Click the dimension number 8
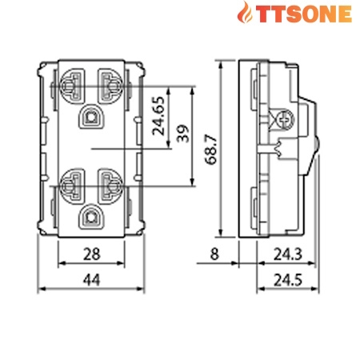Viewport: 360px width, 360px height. [214, 255]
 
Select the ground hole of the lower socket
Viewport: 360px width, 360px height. [91, 215]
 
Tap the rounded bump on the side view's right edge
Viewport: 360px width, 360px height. [317, 147]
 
